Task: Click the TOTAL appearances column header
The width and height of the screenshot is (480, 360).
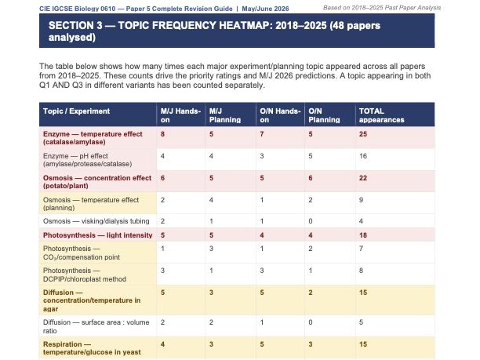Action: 382,115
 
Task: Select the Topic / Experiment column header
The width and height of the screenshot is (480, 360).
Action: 77,111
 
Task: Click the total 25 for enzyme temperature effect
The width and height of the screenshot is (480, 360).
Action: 362,135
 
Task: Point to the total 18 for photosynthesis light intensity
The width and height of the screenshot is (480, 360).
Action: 362,235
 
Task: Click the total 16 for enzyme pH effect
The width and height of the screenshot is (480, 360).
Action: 362,157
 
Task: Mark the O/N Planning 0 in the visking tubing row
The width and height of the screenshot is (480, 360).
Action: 311,221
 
